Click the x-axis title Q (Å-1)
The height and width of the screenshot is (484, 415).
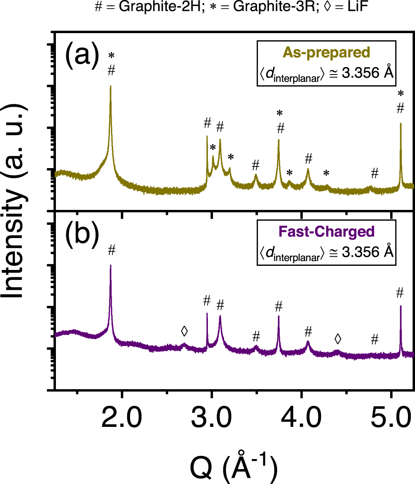[233, 467]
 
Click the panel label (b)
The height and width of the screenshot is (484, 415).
[82, 234]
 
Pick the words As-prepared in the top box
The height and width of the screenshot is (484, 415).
[327, 53]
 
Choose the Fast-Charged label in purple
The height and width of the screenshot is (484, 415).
[327, 231]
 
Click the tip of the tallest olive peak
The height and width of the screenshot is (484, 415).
[111, 86]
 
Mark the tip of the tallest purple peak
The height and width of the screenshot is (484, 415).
[111, 265]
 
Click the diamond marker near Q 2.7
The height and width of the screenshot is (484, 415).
[184, 331]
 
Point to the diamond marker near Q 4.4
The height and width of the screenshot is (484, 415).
[338, 339]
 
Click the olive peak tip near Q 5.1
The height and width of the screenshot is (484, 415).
[401, 123]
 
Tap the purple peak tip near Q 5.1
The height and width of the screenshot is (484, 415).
[401, 306]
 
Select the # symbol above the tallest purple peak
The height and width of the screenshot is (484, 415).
[111, 250]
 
